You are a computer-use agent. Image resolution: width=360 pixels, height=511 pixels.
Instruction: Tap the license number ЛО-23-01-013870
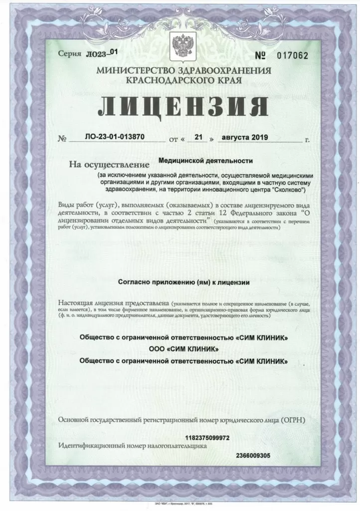pos(110,137)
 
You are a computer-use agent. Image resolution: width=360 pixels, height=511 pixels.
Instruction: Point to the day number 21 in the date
pos(198,137)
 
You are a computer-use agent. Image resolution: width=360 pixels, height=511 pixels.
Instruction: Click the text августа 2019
pos(245,137)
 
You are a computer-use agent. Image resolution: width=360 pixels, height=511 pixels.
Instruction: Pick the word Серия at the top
pos(68,53)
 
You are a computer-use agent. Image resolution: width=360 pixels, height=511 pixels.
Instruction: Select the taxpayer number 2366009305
pos(253,455)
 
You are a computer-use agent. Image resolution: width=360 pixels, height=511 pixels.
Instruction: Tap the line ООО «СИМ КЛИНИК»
pos(183,348)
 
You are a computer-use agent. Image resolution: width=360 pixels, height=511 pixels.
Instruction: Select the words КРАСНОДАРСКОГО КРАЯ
pos(184,80)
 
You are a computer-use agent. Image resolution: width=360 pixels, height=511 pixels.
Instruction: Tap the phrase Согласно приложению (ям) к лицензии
pos(183,282)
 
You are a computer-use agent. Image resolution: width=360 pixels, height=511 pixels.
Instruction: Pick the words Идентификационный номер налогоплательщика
pos(132,446)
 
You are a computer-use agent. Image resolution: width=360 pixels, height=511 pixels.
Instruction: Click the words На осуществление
pos(110,164)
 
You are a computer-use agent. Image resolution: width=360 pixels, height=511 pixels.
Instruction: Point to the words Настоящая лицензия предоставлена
pos(113,303)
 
